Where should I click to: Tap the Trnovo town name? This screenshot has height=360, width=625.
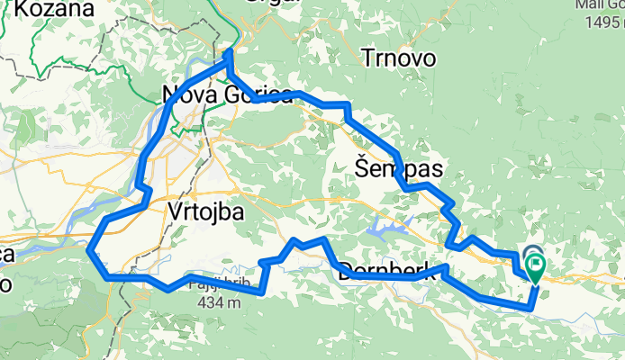[399, 58]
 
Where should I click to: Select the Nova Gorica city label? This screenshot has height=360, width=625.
[226, 94]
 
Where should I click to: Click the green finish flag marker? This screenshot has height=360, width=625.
[535, 266]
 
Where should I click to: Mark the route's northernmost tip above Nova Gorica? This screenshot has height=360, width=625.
[229, 52]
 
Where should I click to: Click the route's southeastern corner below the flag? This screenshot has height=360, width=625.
[531, 307]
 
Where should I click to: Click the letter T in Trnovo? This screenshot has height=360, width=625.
[367, 59]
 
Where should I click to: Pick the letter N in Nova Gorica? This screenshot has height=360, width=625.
[170, 94]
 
